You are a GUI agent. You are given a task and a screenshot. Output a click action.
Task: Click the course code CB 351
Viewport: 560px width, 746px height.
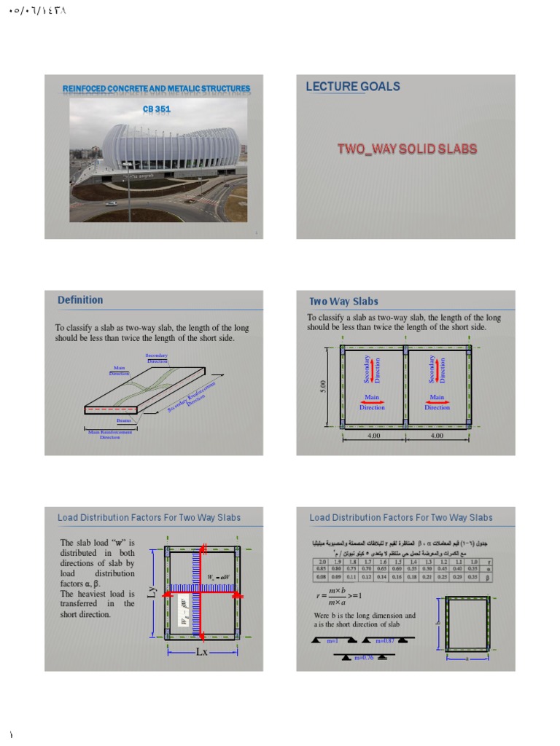click(156, 109)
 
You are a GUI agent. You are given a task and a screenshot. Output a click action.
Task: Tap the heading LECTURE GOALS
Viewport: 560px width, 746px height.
click(353, 86)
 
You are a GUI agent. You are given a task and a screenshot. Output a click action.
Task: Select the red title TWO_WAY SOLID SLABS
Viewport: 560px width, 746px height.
click(407, 149)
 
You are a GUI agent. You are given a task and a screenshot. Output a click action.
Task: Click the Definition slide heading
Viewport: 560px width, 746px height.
click(80, 300)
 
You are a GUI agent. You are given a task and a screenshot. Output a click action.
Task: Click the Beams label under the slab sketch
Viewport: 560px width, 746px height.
click(123, 420)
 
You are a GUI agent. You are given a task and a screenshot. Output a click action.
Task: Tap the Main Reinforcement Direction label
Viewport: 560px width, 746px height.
click(109, 434)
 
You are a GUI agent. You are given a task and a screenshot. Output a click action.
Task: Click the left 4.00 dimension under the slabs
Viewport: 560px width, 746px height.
click(374, 436)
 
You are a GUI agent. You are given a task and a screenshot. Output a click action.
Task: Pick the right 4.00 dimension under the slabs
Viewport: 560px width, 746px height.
click(437, 436)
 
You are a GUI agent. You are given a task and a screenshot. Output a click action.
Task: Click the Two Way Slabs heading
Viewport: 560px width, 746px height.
click(343, 301)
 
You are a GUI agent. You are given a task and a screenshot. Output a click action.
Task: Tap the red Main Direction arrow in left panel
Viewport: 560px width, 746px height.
click(372, 403)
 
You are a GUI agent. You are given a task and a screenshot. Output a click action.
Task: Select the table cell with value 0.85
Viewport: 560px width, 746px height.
click(321, 568)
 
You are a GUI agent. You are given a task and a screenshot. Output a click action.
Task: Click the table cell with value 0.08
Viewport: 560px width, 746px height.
click(321, 576)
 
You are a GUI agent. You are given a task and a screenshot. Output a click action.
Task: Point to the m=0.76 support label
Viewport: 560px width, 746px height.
click(362, 658)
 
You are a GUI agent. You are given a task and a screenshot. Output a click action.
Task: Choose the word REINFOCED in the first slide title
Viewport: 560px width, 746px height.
click(86, 89)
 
